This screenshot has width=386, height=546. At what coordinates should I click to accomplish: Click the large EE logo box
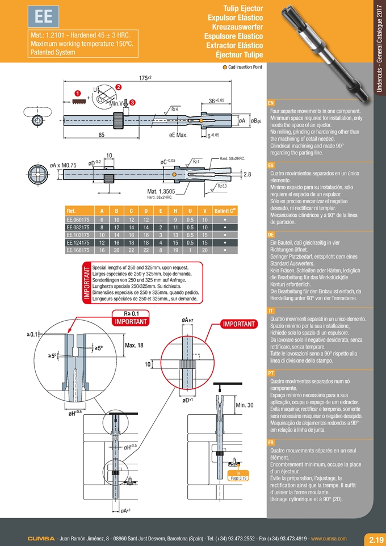44,18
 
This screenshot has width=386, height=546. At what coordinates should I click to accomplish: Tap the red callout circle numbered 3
132,102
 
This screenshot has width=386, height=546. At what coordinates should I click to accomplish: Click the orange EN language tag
271,103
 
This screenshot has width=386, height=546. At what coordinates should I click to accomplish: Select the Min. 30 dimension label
245,405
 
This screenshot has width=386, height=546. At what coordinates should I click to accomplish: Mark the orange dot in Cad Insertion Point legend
224,67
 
